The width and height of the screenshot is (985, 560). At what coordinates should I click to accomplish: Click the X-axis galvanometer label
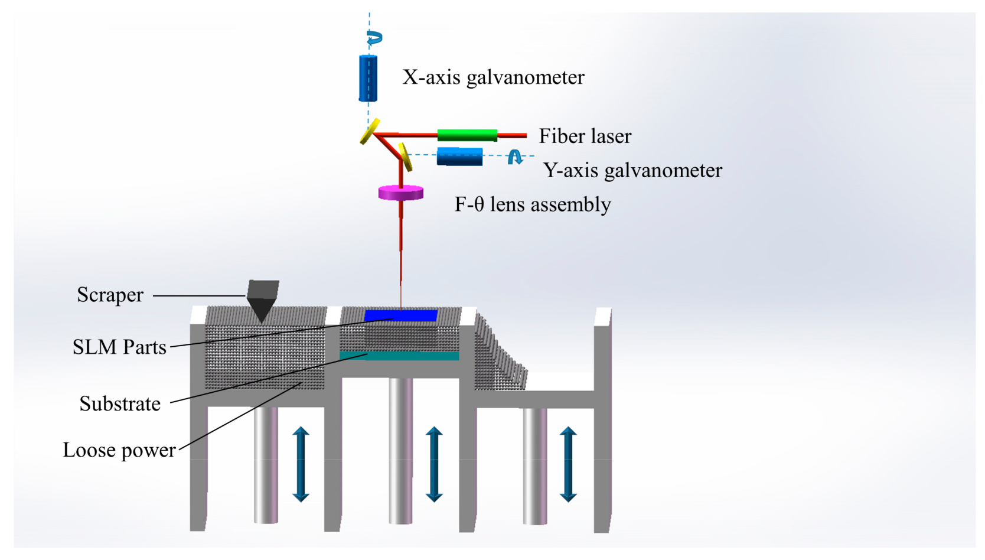coord(493,77)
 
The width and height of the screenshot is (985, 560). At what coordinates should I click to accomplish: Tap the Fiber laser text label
coord(585,136)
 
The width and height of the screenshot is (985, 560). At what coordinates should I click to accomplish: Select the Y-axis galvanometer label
coord(632,171)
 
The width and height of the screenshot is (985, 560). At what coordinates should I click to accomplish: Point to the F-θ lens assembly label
coord(532,205)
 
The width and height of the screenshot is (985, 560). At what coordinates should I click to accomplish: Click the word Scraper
coord(110,295)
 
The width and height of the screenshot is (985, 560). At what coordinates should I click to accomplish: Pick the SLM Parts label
coord(119,347)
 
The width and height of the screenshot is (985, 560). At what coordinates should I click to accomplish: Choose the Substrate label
coord(120,404)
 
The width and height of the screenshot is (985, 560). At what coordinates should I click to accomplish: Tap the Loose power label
coord(119,450)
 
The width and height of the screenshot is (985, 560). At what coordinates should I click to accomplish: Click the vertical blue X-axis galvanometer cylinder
coord(368,78)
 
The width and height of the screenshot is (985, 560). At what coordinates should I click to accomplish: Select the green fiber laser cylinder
coord(467,135)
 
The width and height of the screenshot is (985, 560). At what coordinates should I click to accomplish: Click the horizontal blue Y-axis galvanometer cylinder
coord(459,157)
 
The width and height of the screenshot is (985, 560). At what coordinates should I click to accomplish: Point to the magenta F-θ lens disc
coord(401,193)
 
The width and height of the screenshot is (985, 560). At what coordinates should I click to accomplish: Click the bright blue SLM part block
coord(401,316)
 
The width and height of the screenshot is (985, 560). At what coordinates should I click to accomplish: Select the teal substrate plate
coord(399,356)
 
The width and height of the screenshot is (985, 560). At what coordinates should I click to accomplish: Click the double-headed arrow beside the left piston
coord(301,464)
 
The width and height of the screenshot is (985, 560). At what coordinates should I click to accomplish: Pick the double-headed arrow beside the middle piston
coord(434,464)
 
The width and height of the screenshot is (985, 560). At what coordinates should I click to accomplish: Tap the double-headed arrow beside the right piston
coord(568,464)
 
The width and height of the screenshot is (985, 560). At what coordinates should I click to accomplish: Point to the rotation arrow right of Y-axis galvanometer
coord(515,157)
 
